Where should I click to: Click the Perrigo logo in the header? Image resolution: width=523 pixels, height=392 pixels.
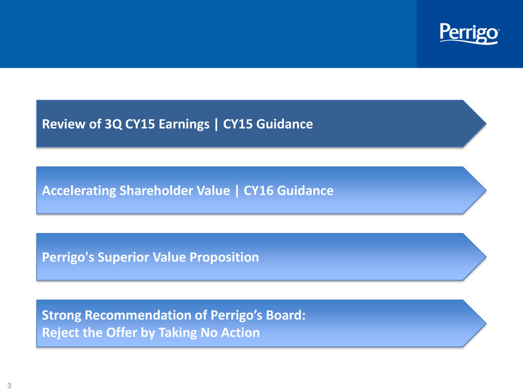(470, 33)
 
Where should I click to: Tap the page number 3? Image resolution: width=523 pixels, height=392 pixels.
(9, 385)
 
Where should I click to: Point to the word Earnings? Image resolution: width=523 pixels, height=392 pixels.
(184, 125)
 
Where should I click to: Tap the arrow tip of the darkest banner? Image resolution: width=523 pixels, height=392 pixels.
(486, 123)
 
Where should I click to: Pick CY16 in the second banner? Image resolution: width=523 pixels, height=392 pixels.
(259, 191)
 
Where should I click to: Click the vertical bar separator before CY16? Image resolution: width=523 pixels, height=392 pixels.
(237, 191)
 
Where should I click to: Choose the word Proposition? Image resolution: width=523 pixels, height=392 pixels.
(224, 257)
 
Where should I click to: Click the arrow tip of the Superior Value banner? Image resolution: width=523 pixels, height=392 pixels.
(486, 257)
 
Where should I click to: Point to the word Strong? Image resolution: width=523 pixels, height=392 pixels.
(61, 315)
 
